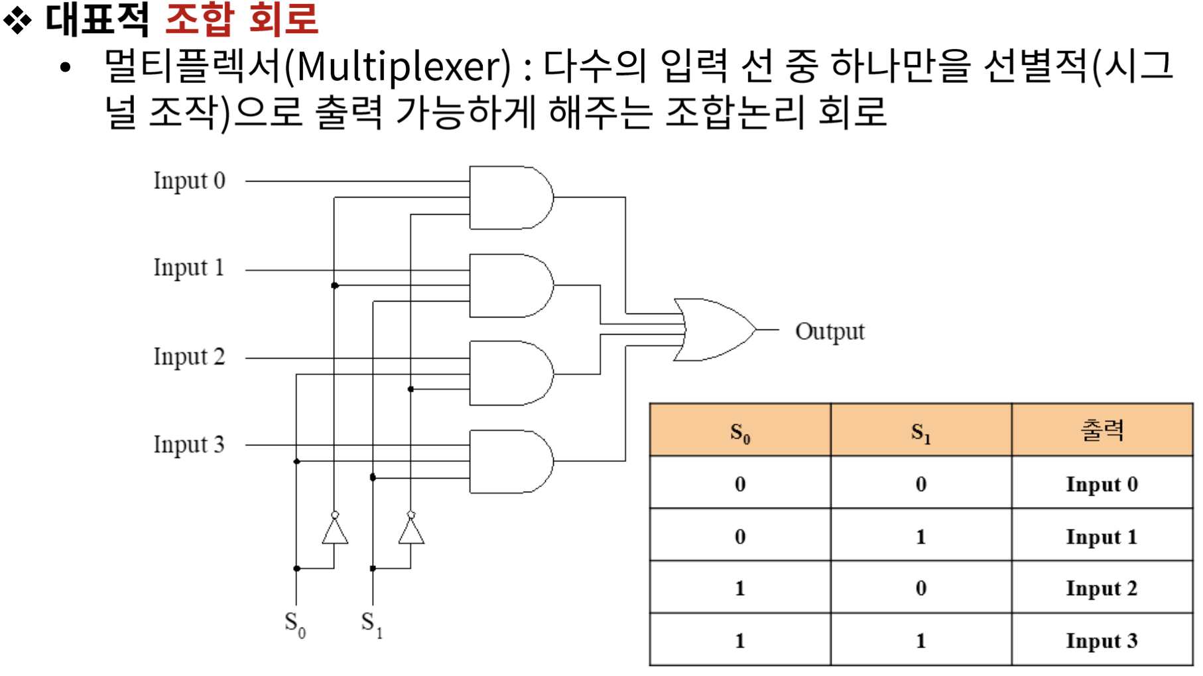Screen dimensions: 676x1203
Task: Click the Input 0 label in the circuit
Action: [x=189, y=181]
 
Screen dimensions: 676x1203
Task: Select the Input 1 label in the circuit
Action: [x=189, y=268]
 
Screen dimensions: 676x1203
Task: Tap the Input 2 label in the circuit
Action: [x=189, y=357]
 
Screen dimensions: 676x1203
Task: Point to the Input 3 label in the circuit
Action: [x=189, y=445]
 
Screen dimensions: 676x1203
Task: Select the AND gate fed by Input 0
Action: [x=509, y=197]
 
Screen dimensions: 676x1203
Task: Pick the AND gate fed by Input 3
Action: [x=509, y=461]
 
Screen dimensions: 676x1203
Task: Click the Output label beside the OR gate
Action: [x=830, y=331]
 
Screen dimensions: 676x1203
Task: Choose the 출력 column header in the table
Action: [x=1102, y=431]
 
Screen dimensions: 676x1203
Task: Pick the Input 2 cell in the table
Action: [x=1102, y=589]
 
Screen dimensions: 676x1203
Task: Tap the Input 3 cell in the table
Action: [x=1102, y=641]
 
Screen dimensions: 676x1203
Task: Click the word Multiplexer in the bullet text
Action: [x=398, y=67]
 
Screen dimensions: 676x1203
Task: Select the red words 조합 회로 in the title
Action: [x=241, y=19]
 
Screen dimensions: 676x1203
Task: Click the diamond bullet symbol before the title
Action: [x=17, y=20]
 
